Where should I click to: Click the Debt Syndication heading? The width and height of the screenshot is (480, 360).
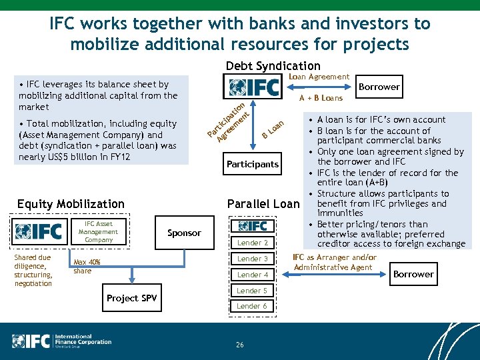[273, 65]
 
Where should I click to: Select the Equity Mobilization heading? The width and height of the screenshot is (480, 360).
[71, 203]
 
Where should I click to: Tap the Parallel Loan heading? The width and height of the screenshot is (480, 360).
[263, 203]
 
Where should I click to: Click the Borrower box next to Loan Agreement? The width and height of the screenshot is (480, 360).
[379, 87]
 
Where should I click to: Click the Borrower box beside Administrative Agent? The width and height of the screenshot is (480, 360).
[413, 274]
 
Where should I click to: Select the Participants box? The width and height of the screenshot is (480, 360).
[253, 164]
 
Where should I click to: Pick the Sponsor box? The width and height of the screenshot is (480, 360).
[184, 233]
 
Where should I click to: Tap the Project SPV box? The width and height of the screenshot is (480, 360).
[132, 298]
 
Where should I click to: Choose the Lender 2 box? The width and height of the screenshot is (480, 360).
[253, 243]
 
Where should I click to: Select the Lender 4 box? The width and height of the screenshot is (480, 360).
[253, 275]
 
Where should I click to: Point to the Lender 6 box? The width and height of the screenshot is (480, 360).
[253, 306]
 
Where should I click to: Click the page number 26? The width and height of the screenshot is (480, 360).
[239, 345]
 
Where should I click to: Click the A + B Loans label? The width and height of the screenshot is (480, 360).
[321, 98]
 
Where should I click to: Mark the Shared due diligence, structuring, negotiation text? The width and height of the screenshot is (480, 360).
[33, 271]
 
